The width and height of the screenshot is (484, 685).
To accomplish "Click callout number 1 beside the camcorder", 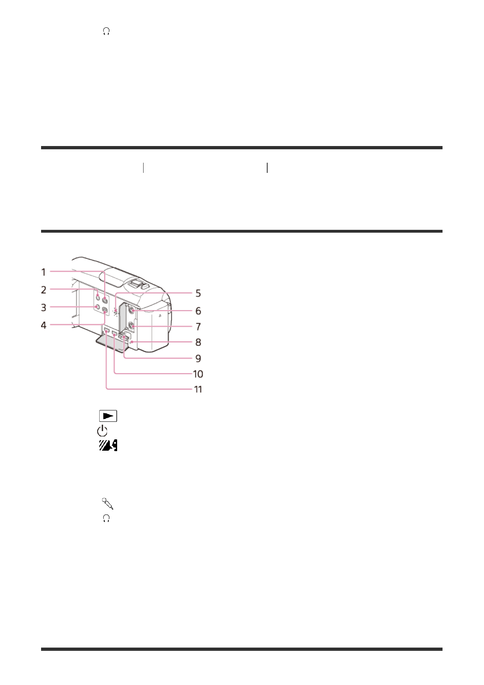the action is pos(44,272).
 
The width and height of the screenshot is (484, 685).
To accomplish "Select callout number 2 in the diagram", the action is pos(44,290).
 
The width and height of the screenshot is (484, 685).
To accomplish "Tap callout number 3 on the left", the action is pos(44,308).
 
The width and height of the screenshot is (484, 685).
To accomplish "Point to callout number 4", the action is pos(44,325).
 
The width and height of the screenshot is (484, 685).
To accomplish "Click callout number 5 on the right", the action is pos(198,293).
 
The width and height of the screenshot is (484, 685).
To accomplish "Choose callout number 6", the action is pos(198,311).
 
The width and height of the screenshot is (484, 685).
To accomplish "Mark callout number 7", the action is pos(198,327).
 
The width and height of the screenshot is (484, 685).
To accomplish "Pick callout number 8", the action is pos(198,342).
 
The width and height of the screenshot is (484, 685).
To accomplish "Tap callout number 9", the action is pos(198,358).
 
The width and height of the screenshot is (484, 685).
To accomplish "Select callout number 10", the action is pos(198,374).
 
